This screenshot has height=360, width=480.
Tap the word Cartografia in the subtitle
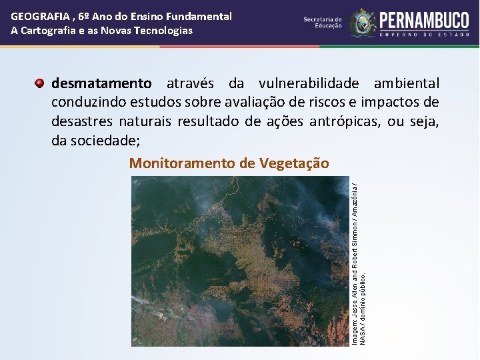pos(51,31)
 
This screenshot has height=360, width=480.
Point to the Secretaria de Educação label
pos(323,23)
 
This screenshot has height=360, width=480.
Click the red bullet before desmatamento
pos(40,83)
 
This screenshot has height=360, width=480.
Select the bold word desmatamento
pos(101,84)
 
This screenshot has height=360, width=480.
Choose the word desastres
pos(81,121)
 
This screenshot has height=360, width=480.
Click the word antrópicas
pos(354,121)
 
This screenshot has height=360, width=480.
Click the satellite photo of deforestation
pos(240,261)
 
